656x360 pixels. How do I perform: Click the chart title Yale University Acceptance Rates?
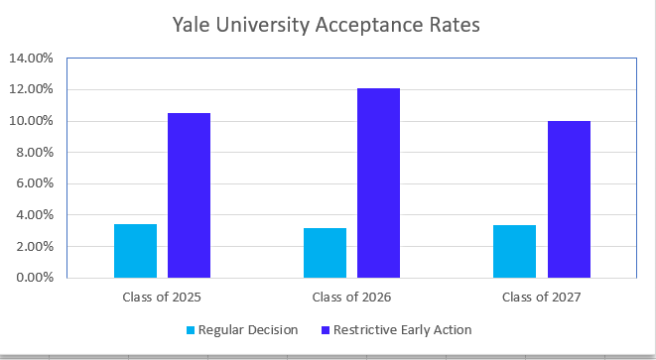click(327, 25)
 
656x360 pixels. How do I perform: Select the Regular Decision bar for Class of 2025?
click(135, 251)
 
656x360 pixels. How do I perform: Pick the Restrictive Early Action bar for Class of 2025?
click(189, 195)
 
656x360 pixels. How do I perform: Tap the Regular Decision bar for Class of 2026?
click(325, 253)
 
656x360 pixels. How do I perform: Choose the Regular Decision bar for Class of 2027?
click(514, 252)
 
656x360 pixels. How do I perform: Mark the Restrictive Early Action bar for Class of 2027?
click(569, 199)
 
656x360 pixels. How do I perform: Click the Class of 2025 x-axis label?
click(162, 297)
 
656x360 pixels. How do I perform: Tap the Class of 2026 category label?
click(351, 297)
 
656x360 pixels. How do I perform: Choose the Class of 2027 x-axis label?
click(541, 297)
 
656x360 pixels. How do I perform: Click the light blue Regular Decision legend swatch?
click(191, 329)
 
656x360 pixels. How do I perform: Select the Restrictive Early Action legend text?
click(402, 329)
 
